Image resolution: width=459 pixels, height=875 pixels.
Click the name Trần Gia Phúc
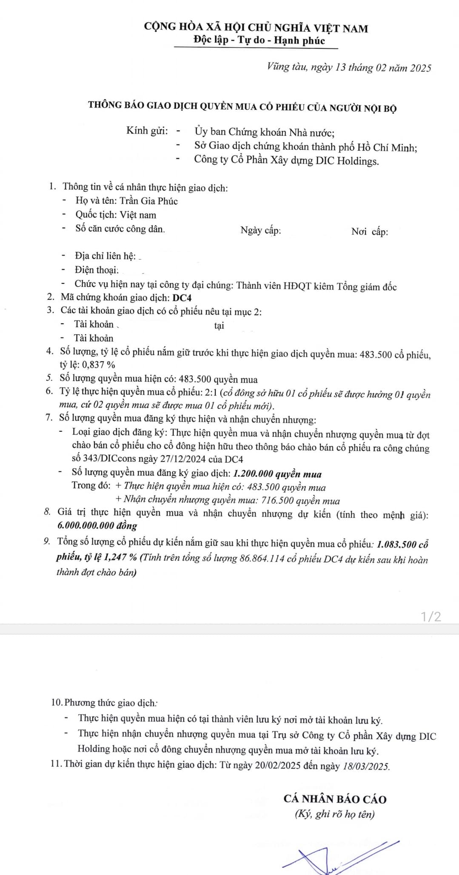(x=148, y=201)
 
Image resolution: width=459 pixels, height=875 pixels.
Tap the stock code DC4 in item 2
(x=182, y=298)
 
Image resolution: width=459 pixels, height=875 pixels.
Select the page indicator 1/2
(x=431, y=616)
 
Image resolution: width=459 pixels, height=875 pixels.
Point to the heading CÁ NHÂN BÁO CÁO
(x=335, y=799)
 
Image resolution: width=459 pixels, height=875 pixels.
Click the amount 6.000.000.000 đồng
(x=97, y=525)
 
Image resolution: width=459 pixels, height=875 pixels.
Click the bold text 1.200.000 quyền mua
(x=277, y=474)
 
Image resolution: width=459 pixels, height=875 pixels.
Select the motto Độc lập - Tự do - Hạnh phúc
(x=259, y=40)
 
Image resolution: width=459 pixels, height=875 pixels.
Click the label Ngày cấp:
(x=261, y=231)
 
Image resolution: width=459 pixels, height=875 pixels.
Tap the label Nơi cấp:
(x=370, y=231)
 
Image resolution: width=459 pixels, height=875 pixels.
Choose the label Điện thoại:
(x=97, y=270)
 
